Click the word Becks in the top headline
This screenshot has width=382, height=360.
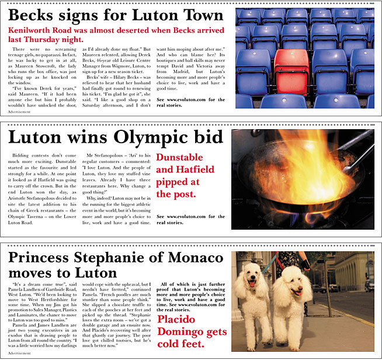pos(31,16)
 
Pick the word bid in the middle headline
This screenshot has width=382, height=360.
pos(208,139)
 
